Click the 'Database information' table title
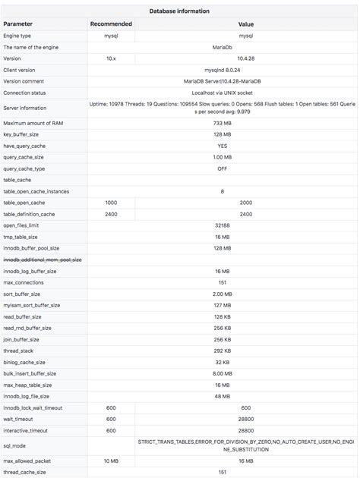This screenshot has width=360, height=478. [179, 11]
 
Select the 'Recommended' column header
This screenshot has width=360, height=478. [111, 24]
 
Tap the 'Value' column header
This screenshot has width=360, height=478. [245, 24]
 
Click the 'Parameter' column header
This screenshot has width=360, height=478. [18, 24]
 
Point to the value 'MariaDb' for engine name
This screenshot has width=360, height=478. [223, 47]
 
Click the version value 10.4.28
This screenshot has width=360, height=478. [223, 58]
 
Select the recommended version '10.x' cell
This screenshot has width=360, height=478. [111, 58]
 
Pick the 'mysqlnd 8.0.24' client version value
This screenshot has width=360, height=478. [223, 69]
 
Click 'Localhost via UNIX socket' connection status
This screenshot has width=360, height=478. [223, 92]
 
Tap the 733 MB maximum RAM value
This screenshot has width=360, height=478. [223, 123]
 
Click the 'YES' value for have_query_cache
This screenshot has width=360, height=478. [223, 146]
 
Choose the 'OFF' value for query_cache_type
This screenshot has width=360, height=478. [223, 168]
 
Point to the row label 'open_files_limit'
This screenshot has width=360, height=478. [21, 225]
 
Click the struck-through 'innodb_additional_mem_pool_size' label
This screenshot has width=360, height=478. [43, 259]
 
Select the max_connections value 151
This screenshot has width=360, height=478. [223, 282]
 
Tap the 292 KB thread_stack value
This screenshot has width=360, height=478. [223, 351]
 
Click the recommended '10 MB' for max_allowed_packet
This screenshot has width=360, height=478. [111, 461]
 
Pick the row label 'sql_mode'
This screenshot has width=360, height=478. [15, 445]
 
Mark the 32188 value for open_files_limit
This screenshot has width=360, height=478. [223, 225]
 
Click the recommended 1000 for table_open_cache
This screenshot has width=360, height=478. [111, 203]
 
